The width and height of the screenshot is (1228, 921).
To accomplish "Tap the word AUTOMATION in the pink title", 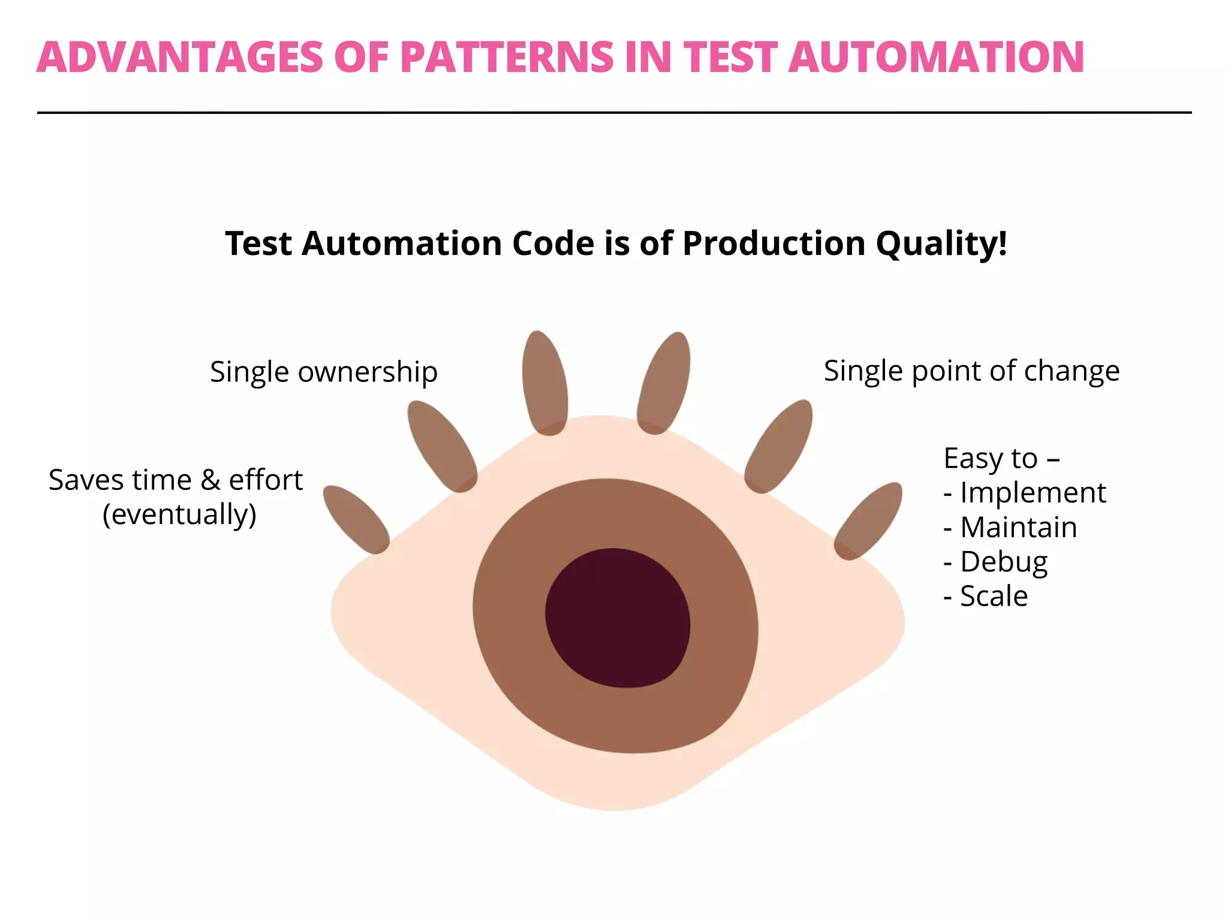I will coord(936,58).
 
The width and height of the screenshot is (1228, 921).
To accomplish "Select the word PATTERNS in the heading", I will coord(507,58).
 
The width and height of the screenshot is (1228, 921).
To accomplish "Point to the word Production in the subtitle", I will coord(773,244).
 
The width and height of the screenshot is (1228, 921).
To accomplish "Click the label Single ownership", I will coord(324,372).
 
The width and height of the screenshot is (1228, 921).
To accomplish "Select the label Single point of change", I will coord(971,371).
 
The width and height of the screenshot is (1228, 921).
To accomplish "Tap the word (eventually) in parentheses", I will coord(179,514).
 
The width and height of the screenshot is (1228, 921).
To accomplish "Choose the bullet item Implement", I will coord(1033,493).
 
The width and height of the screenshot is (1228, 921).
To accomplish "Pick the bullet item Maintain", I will coord(1018,528).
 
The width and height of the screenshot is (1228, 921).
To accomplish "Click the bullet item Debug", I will coord(1004,562).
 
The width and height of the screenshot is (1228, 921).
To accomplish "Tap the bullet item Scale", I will coord(994,597).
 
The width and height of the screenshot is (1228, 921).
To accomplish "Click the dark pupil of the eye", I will coord(618,618).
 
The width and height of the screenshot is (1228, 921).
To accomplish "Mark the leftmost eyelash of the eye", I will coord(356,519).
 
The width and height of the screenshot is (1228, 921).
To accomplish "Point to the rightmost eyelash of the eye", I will coord(868,520).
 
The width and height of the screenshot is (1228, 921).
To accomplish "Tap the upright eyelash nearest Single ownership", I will coord(544,383).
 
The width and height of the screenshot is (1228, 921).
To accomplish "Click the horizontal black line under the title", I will coord(614,112).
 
